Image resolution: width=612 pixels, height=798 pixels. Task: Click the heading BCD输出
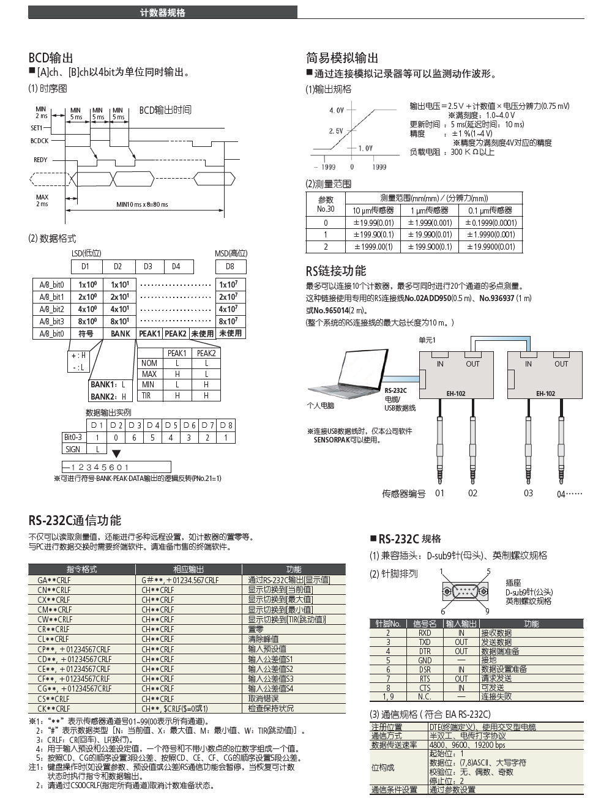point(51,58)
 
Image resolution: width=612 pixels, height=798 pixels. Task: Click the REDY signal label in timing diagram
point(40,160)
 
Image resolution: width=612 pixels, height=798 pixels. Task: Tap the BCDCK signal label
point(40,141)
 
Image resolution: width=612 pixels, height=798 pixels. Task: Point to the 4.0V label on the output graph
point(337,111)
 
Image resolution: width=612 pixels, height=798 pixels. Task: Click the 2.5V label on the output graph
point(336,131)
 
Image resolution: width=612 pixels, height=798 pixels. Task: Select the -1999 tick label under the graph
point(324,166)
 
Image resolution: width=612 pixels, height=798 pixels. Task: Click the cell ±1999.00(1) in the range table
point(373,247)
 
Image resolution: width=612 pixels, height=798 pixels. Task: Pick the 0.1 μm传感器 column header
point(491,210)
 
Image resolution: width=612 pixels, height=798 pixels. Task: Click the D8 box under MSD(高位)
point(229,266)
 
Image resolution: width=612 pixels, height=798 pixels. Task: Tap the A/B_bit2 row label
point(51,309)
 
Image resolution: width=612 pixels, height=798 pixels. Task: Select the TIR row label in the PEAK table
point(146,395)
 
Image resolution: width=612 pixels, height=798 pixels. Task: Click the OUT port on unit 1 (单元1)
point(472,364)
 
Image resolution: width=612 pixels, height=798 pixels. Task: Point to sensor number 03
point(528,493)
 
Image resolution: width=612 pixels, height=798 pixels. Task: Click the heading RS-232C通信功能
point(75,521)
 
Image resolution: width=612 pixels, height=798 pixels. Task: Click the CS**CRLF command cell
point(54,698)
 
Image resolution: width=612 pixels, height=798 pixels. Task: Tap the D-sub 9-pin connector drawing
point(465,591)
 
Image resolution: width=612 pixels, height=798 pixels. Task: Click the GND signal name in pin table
point(425,660)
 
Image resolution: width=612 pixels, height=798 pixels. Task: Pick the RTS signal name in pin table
point(425,679)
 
